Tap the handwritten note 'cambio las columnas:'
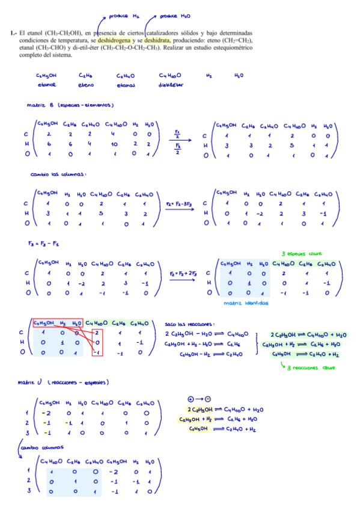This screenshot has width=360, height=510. [x=58, y=174]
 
